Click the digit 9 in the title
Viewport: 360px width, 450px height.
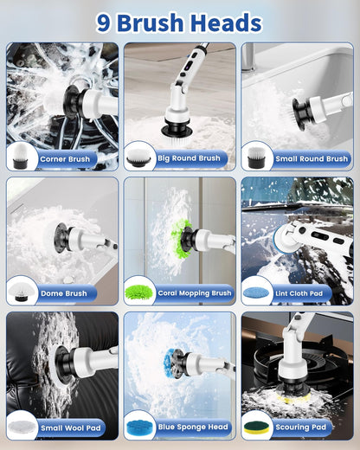104,22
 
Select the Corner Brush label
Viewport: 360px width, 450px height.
65,159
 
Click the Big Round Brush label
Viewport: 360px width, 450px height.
189,158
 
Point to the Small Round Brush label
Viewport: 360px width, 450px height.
312,158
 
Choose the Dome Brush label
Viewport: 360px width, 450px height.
64,293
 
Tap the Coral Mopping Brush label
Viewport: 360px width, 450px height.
195,293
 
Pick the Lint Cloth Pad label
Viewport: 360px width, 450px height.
299,293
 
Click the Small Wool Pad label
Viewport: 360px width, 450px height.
71,427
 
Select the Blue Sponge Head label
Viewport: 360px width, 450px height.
193,427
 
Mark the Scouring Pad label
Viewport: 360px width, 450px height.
300,427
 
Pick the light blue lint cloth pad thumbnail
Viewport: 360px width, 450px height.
256,293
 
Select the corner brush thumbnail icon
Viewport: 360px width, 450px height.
21,157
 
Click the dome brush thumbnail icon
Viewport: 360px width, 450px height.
21,292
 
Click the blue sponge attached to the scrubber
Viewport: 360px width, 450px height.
172,363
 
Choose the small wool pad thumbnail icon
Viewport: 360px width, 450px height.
21,427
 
